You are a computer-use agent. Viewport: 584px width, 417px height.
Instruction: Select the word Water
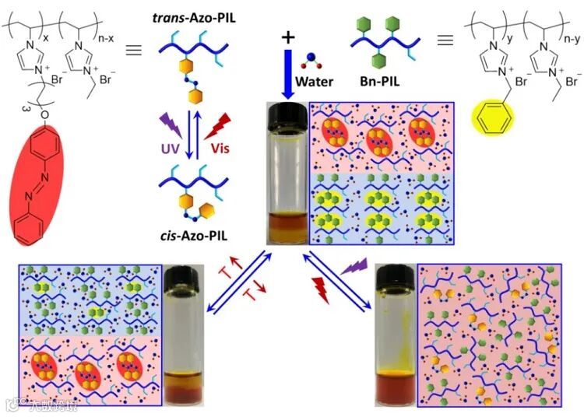click(315, 81)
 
